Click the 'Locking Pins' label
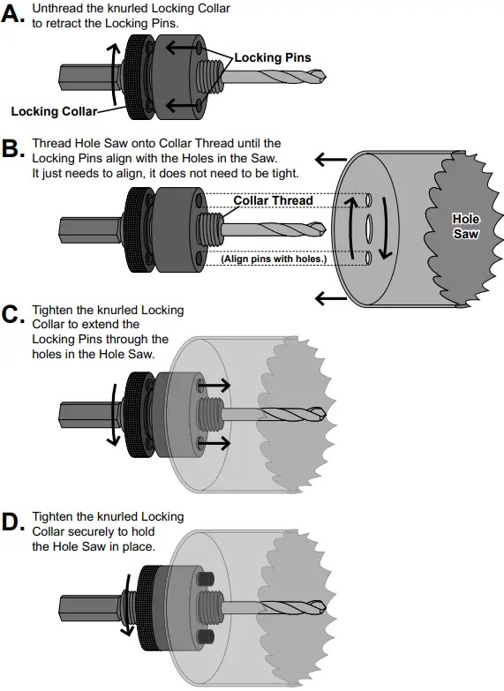(272, 57)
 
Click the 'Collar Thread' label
(273, 200)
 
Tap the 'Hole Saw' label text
(465, 226)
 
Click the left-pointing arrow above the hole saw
(332, 159)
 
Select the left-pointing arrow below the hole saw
(332, 298)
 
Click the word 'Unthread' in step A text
(57, 7)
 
